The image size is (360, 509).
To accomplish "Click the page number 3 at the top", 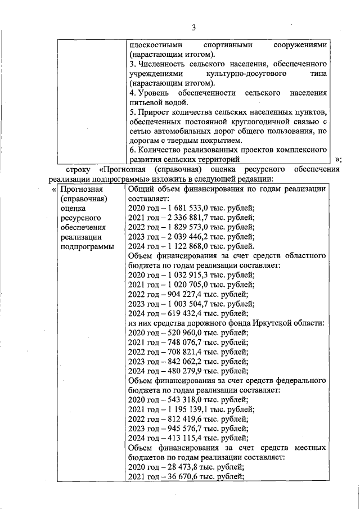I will (x=193, y=28).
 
